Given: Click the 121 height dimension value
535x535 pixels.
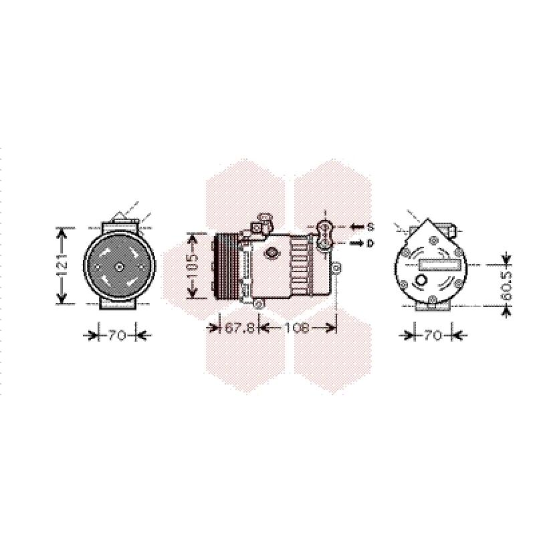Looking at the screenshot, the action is coord(62,265).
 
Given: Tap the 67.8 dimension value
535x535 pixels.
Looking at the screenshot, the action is coord(239,328).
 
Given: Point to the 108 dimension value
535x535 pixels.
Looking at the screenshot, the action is coord(297,328).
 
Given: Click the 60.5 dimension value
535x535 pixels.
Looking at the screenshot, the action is coord(508,286).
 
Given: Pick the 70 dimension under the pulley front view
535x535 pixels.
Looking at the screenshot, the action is coord(117,336).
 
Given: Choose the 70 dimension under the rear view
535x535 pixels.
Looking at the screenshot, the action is coord(433,336).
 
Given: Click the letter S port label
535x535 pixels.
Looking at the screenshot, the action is coord(370,227).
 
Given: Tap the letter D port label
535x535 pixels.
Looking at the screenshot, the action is coord(370,243).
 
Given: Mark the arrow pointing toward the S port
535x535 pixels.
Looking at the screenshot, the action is coord(357,227).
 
